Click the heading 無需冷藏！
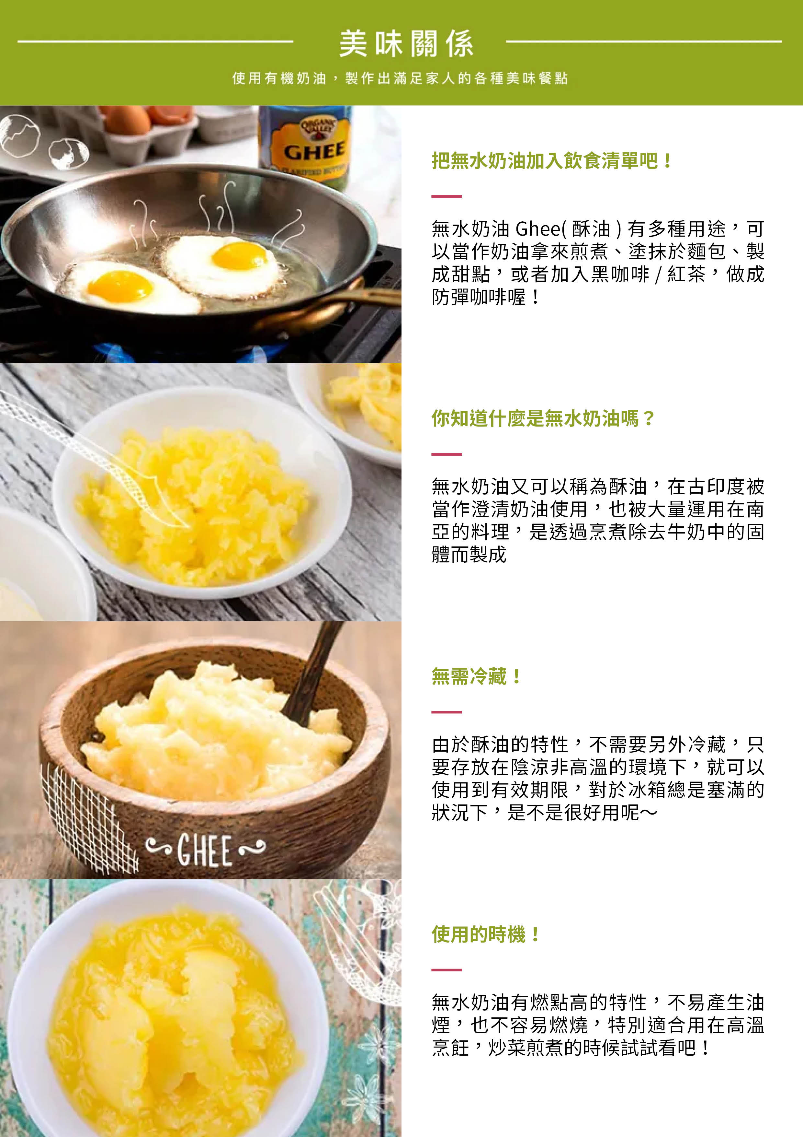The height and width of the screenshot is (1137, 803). [x=476, y=676]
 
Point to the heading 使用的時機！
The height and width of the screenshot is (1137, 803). [x=486, y=934]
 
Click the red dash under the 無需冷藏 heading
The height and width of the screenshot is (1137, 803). [x=446, y=712]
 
